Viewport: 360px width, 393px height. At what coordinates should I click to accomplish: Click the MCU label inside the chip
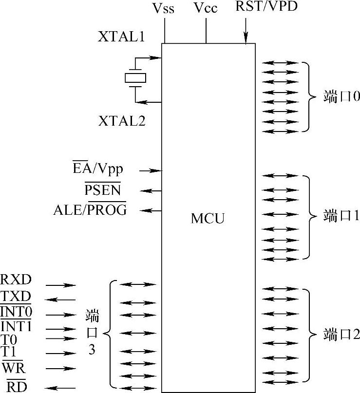[208, 218]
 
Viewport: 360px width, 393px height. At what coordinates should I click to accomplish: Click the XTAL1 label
[121, 37]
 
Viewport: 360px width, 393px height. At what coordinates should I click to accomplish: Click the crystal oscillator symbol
[135, 78]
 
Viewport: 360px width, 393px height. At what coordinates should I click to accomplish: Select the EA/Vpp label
[98, 169]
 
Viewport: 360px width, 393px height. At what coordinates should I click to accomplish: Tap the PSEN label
[103, 189]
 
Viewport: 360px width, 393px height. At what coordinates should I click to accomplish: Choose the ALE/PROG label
[90, 210]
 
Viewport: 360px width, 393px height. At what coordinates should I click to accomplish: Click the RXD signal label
[16, 280]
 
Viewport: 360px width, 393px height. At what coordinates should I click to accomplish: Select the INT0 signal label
[16, 311]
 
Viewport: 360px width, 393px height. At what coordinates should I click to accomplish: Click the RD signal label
[16, 387]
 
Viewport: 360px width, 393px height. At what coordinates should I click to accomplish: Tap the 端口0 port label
[341, 96]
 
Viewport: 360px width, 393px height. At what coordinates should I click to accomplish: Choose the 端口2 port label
[341, 335]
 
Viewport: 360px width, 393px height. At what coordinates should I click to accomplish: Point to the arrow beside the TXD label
[60, 299]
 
